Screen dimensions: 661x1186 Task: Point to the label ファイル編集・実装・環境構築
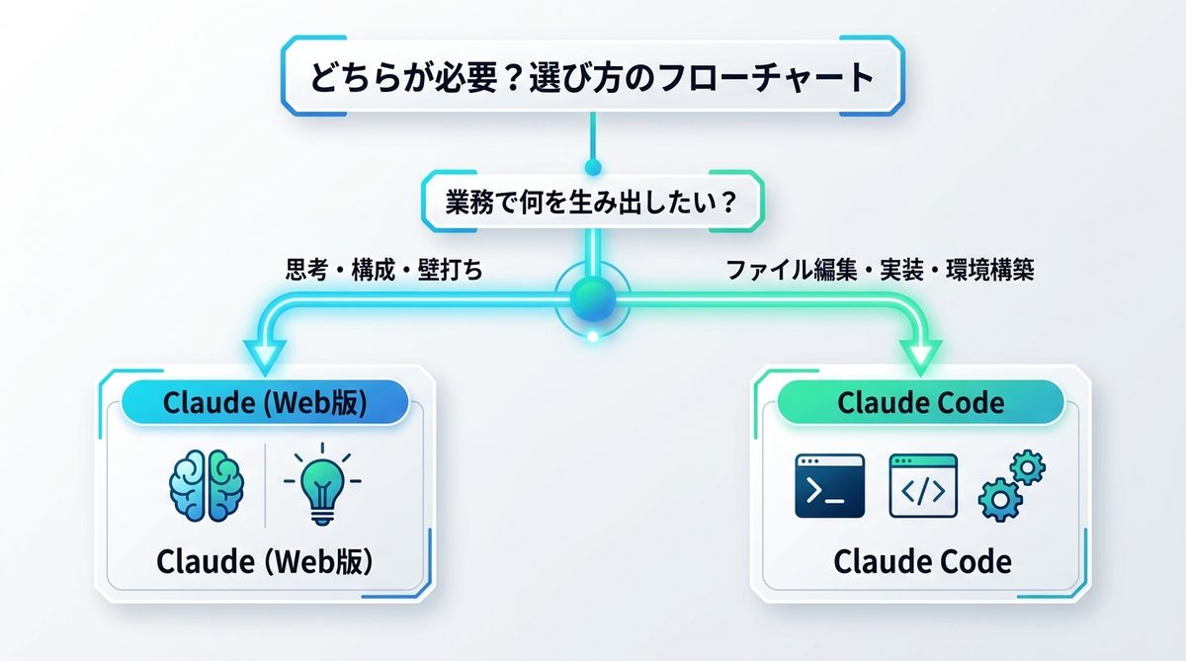click(880, 270)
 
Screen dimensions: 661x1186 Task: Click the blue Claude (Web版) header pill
click(264, 403)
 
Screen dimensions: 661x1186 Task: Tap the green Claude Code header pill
click(920, 403)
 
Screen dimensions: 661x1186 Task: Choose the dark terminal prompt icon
click(829, 486)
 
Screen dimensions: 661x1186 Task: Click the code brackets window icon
click(923, 486)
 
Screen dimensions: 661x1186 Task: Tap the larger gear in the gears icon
click(998, 501)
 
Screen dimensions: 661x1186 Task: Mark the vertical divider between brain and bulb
click(265, 485)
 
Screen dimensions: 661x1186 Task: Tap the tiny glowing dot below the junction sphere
click(593, 336)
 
